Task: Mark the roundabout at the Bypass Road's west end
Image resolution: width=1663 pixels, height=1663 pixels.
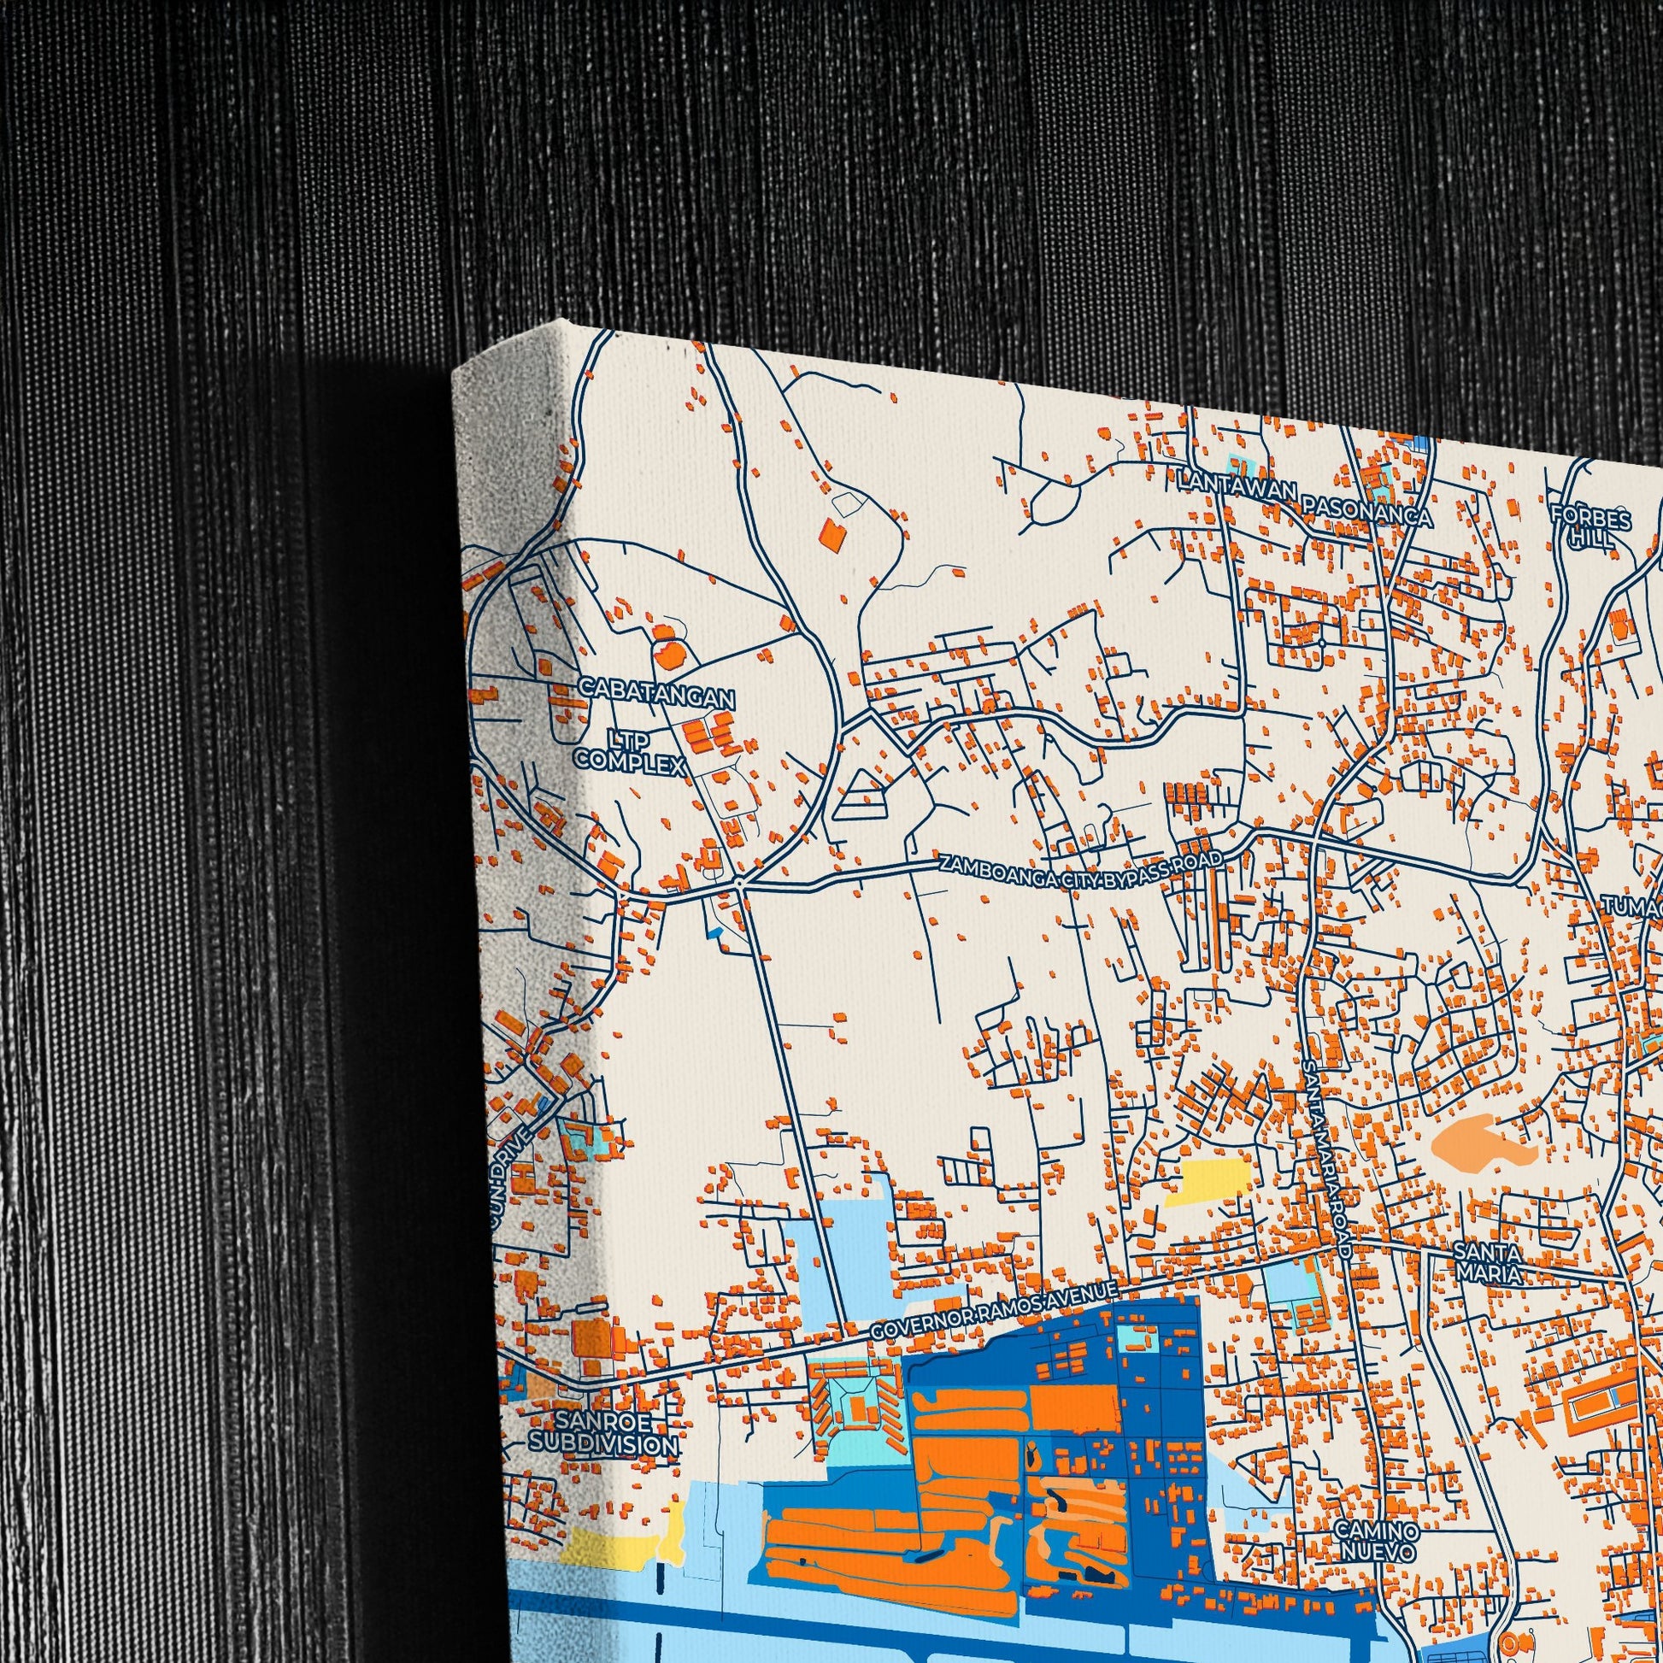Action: coord(739,883)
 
